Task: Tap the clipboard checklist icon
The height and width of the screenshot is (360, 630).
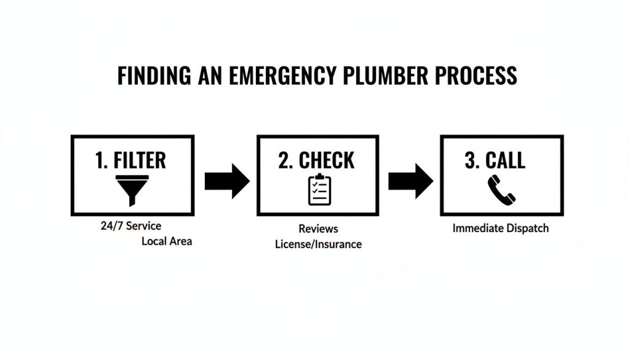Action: coord(319,190)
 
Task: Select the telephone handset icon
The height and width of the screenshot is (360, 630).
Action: coord(501,190)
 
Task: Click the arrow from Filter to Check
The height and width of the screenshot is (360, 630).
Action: coord(226,181)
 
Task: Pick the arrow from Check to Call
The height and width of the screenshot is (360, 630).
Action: coord(410,181)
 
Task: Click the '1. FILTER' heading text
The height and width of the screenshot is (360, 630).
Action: coord(130,160)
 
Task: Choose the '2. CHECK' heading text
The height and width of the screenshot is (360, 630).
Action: coord(316,160)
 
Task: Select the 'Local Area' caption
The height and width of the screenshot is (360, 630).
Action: coord(167,241)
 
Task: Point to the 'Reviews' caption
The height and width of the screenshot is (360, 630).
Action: coord(318,229)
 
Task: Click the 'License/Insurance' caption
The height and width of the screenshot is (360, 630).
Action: coord(318,244)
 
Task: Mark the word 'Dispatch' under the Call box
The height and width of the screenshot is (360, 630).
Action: coord(527,228)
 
